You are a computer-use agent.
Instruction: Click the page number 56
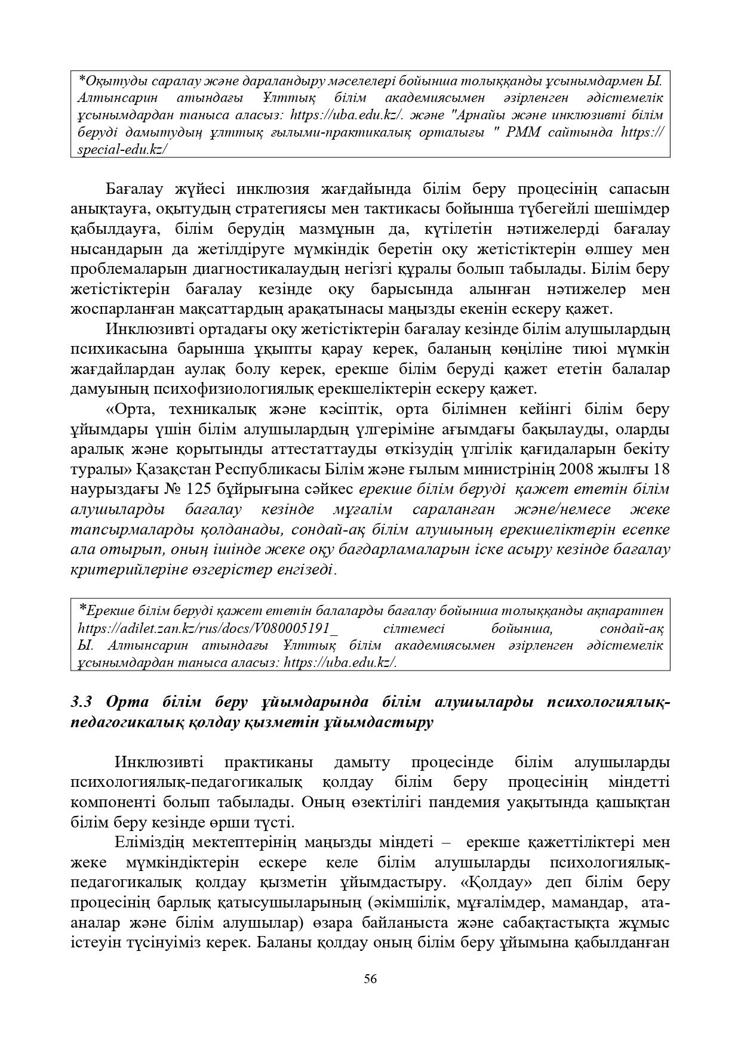[x=370, y=979]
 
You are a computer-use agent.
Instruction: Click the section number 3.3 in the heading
[x=81, y=702]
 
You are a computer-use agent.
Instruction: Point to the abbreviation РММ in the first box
[x=524, y=132]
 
